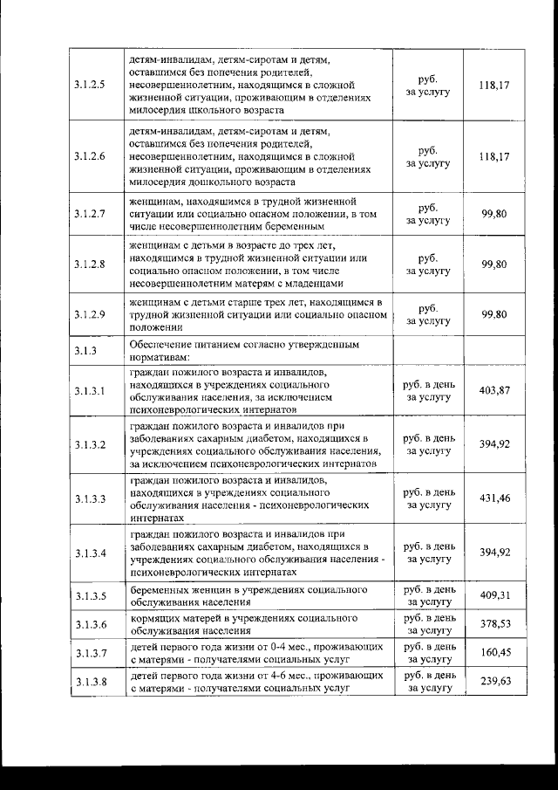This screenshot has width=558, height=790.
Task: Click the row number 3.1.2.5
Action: (90, 86)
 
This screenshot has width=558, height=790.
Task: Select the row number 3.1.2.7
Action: (90, 213)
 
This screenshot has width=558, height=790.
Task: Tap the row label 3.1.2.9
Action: (90, 314)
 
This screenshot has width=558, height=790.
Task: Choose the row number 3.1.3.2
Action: (90, 444)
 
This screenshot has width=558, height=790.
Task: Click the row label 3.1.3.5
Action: (90, 596)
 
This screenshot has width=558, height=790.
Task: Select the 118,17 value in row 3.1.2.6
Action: (494, 156)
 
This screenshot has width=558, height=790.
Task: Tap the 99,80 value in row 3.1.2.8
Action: (494, 264)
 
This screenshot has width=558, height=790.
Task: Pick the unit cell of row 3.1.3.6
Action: (429, 624)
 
